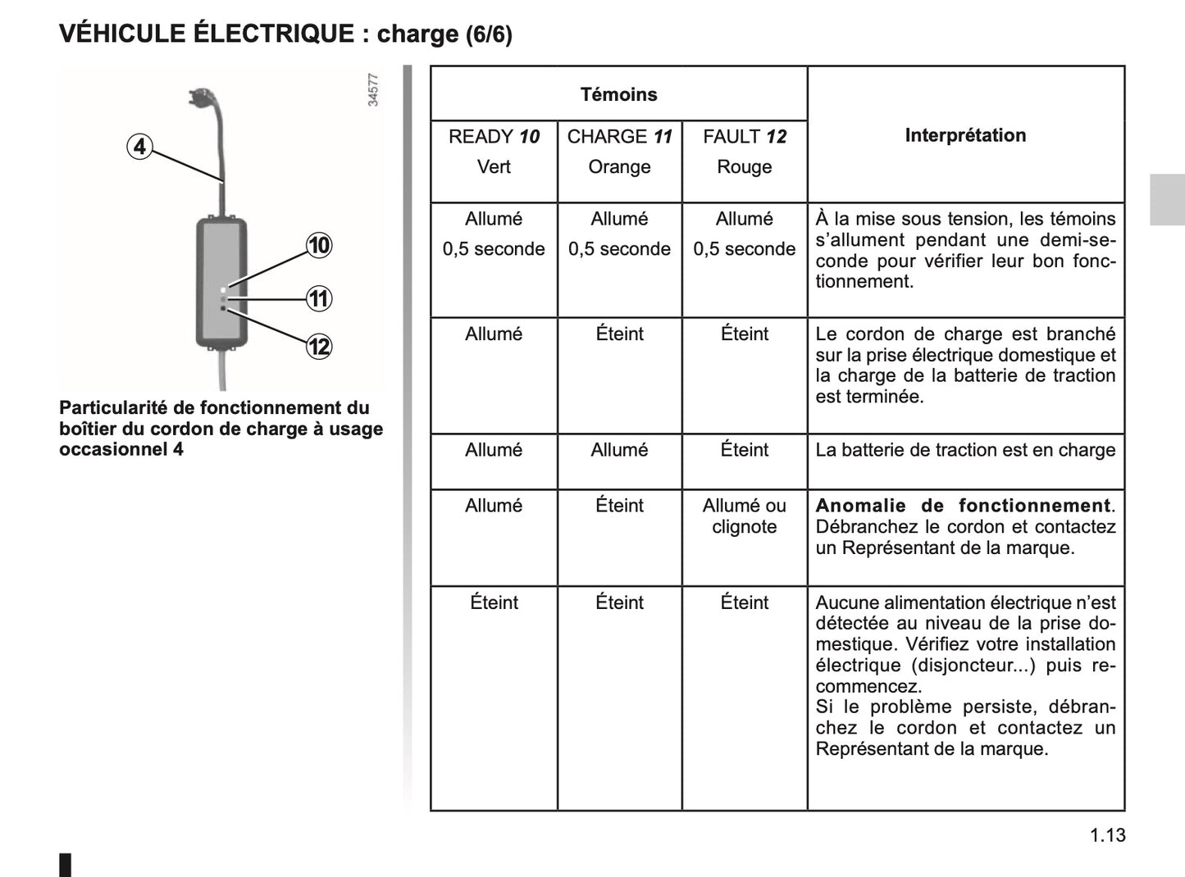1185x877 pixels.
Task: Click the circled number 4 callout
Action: point(140,147)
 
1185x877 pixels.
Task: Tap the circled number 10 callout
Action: point(319,245)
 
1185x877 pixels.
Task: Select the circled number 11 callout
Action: point(319,298)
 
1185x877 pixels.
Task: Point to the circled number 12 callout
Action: point(319,347)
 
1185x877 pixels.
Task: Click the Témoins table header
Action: point(618,94)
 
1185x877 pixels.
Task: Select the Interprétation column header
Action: point(965,135)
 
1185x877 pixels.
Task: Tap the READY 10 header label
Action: point(494,137)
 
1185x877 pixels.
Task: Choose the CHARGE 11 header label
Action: point(619,137)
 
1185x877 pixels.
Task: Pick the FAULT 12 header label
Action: point(744,137)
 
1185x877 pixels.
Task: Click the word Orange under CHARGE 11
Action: point(619,167)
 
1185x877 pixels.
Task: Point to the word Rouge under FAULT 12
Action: point(744,167)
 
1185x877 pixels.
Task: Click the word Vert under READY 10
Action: point(494,167)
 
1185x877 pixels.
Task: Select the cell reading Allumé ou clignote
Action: point(744,516)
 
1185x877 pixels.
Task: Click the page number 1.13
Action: point(1108,835)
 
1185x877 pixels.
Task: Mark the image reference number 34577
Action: point(373,90)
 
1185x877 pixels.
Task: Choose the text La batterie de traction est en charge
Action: point(965,450)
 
